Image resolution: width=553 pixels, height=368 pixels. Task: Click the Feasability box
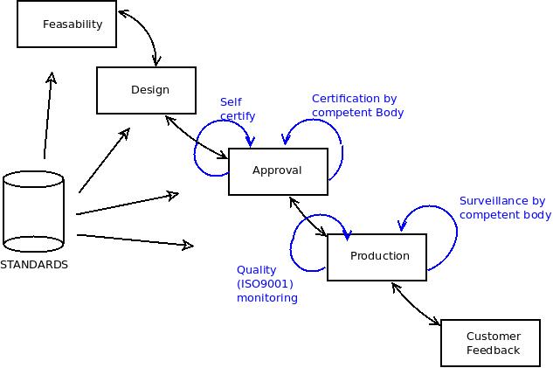(x=66, y=24)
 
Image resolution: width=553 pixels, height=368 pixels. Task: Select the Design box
(x=146, y=90)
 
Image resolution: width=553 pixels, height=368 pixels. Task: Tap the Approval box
(x=278, y=171)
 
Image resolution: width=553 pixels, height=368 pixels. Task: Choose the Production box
(x=377, y=257)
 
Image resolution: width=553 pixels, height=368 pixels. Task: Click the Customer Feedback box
(x=490, y=344)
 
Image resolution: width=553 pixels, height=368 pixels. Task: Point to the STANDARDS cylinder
(x=33, y=210)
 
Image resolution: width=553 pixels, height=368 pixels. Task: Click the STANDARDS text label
(x=34, y=265)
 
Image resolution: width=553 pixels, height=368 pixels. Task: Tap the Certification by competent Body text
(x=357, y=106)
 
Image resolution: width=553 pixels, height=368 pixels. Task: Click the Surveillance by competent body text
(x=504, y=208)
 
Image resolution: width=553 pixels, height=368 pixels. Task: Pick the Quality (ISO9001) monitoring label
(x=266, y=284)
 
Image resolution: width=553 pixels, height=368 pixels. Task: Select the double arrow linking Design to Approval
(x=195, y=137)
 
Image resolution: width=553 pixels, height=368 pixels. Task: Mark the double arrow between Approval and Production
(x=307, y=216)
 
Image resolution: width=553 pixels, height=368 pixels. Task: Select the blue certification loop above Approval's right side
(x=325, y=131)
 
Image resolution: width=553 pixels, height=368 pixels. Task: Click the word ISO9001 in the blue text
(x=265, y=284)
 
